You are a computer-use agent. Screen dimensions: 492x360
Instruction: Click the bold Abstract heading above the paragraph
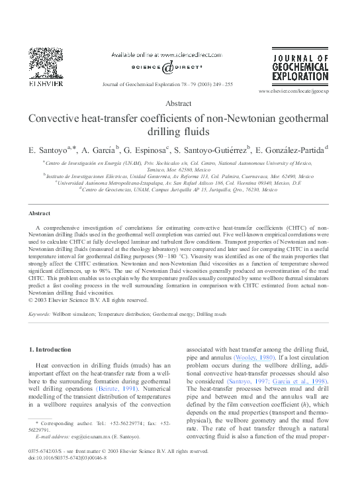tap(39, 213)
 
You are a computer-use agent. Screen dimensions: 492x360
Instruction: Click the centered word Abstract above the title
tap(179, 103)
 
